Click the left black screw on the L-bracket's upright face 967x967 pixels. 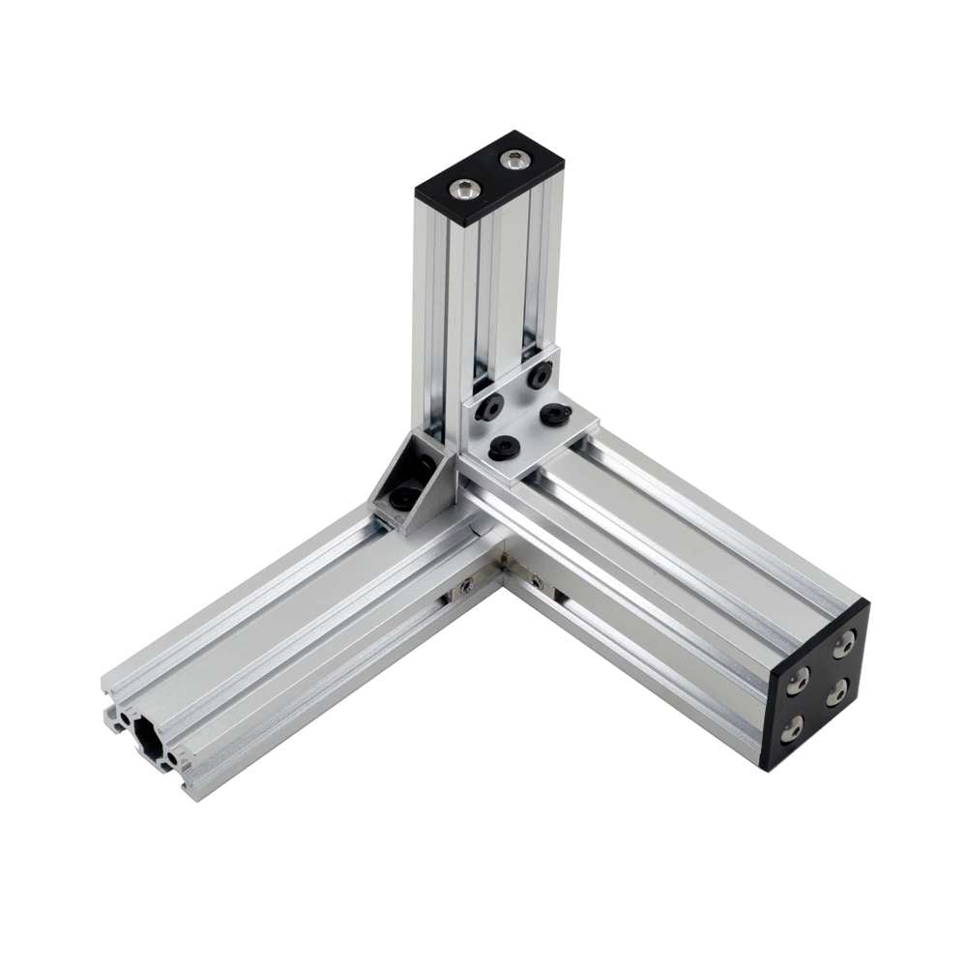(x=490, y=408)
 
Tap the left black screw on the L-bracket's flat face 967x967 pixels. (x=503, y=448)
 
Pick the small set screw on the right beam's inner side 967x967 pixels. (x=537, y=581)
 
